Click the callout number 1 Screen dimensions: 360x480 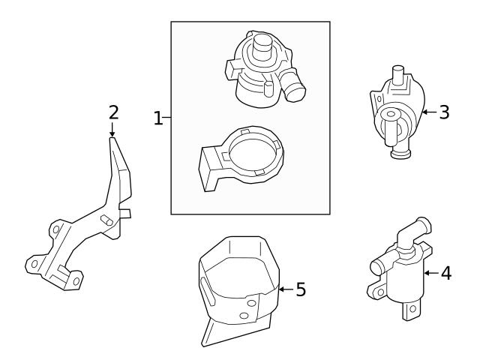click(x=157, y=118)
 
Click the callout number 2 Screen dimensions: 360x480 click(x=113, y=112)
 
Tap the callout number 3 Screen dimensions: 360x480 click(x=444, y=112)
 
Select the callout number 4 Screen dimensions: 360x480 click(x=445, y=273)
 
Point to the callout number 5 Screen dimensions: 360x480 click(x=300, y=289)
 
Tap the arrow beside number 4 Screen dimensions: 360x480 click(x=428, y=273)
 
